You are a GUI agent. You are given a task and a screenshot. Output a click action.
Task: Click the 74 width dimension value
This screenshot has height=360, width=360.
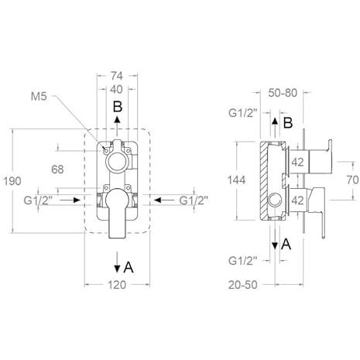click(117, 76)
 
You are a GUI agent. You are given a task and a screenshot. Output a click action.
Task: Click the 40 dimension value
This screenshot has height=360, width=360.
click(116, 89)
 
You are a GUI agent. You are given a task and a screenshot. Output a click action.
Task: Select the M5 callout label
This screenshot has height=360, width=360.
click(39, 97)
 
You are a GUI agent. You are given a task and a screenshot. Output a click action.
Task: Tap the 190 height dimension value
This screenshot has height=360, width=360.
click(12, 181)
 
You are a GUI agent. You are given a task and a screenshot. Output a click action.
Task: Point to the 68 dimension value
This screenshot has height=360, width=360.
click(57, 170)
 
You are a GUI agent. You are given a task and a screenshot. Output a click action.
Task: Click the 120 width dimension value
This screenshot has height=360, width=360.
click(117, 285)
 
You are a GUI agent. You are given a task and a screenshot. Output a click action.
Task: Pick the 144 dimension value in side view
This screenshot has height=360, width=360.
click(236, 180)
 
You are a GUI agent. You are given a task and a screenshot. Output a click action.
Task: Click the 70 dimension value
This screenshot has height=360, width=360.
click(352, 180)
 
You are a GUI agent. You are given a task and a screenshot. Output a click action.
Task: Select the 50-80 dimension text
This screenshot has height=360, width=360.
click(283, 93)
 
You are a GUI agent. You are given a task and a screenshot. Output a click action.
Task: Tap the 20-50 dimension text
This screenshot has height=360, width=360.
click(243, 285)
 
